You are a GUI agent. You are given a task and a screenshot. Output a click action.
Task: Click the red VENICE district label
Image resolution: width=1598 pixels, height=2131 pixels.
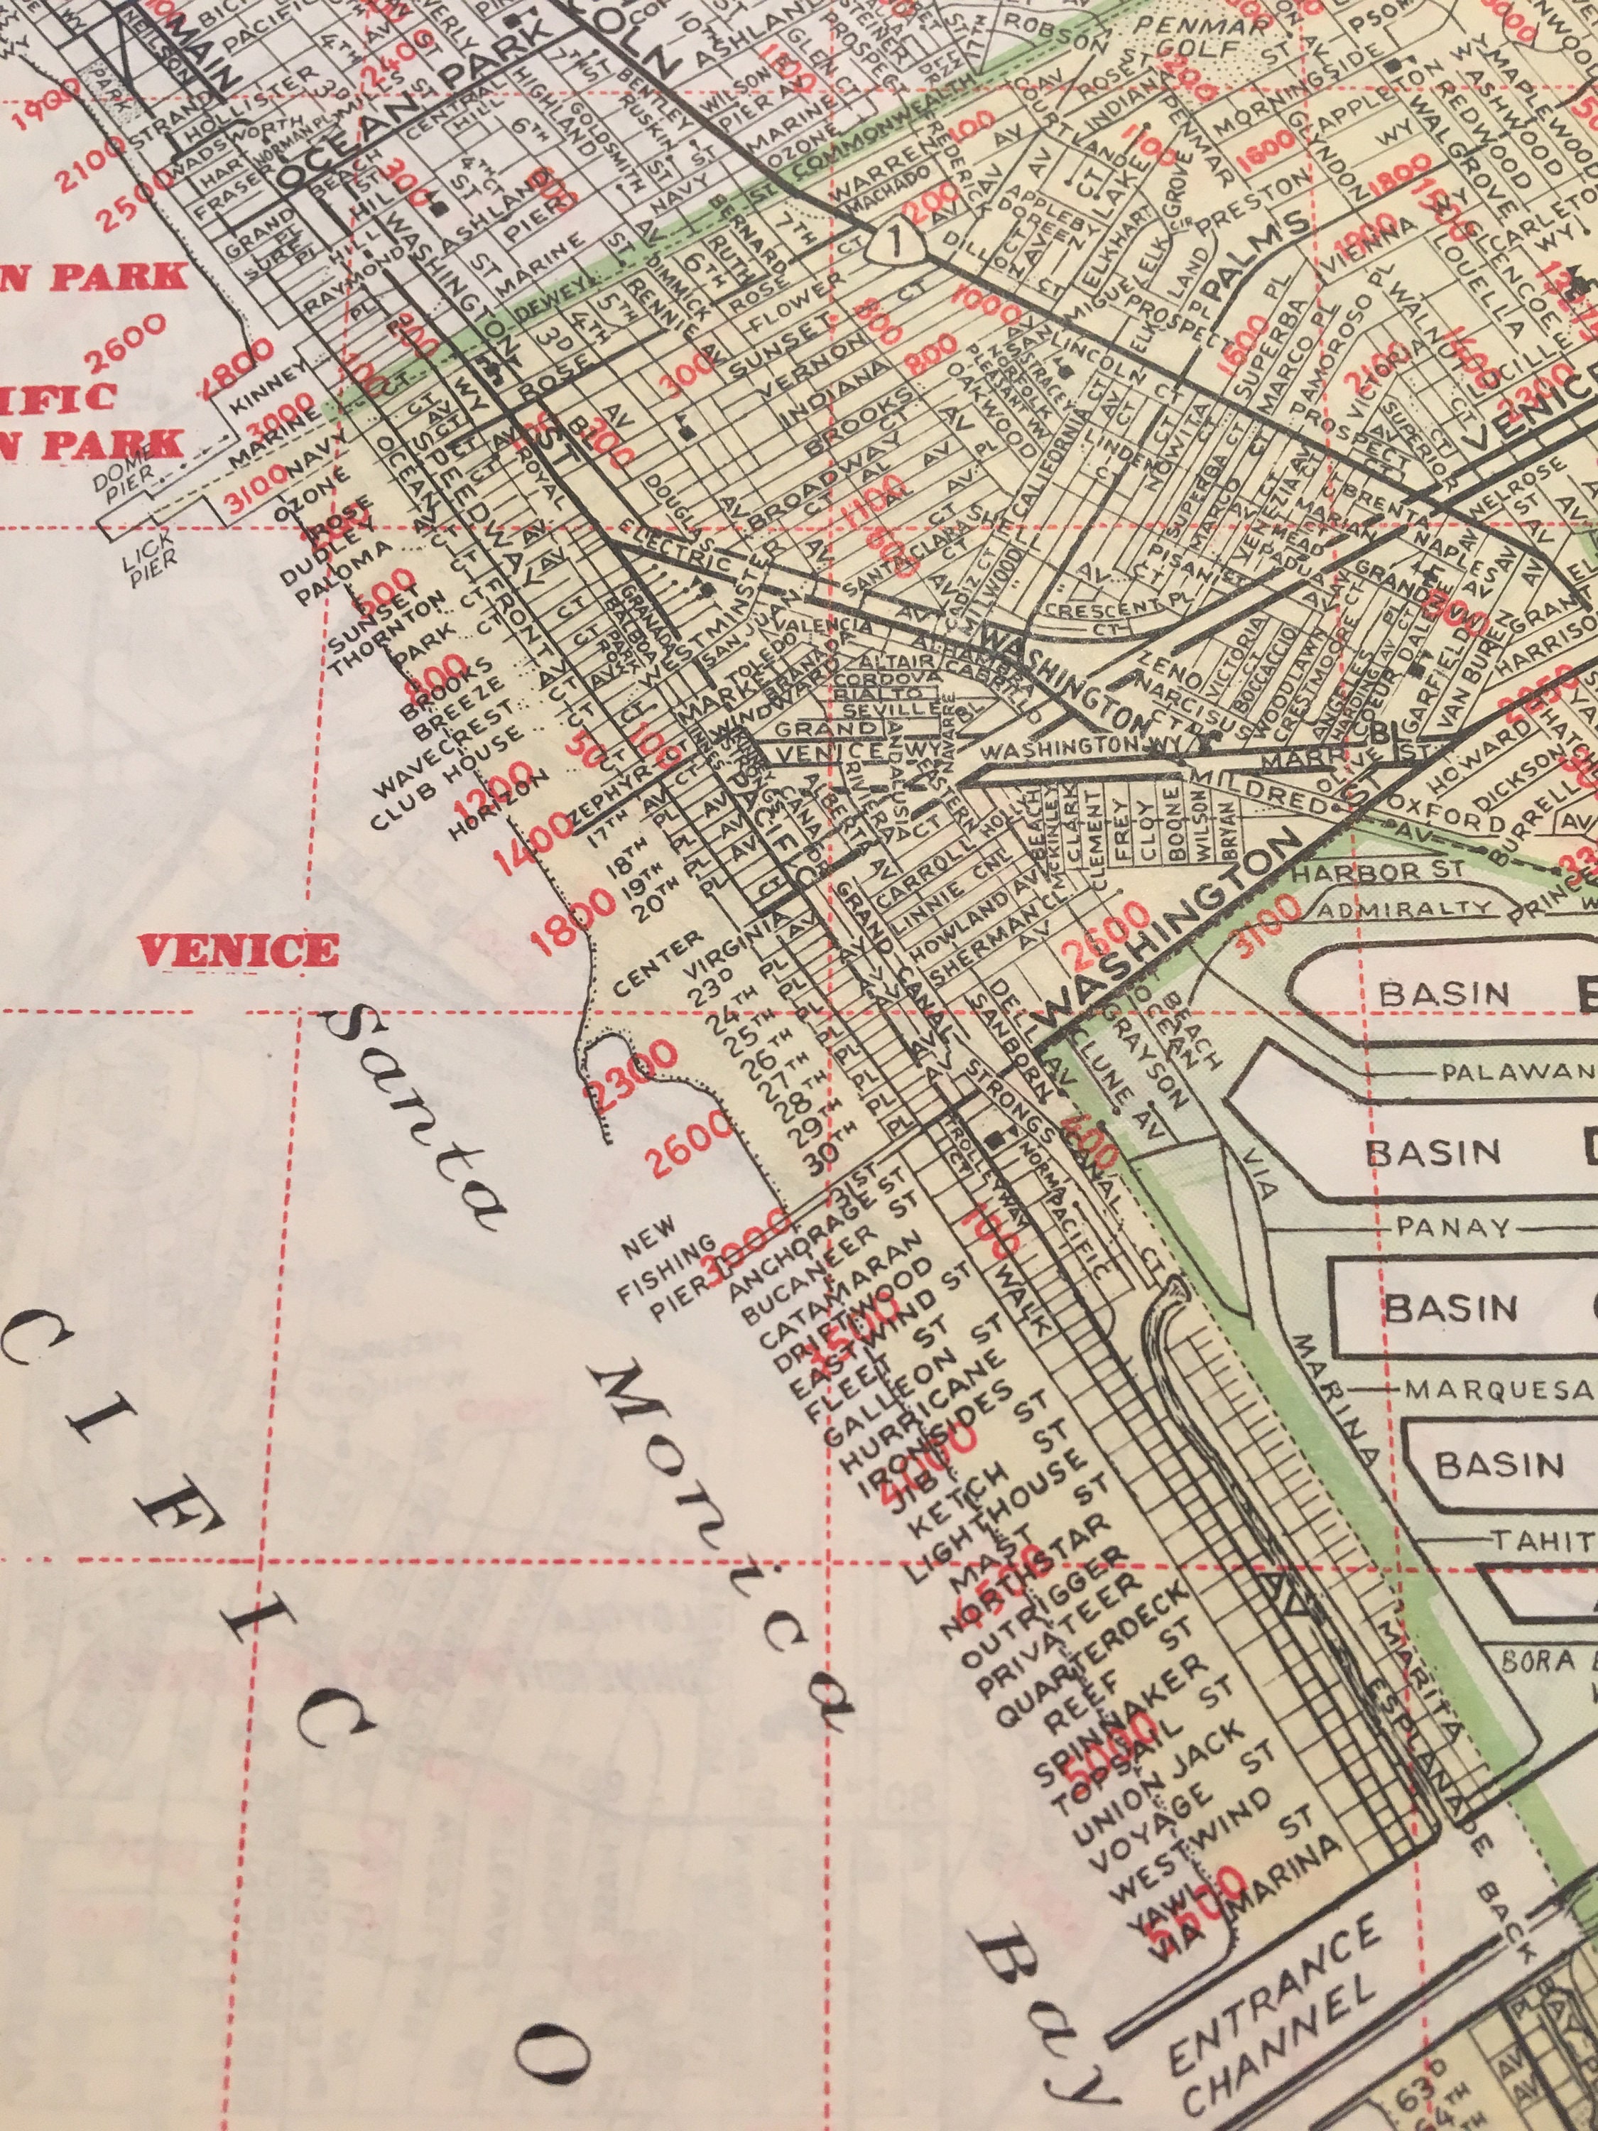[238, 951]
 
